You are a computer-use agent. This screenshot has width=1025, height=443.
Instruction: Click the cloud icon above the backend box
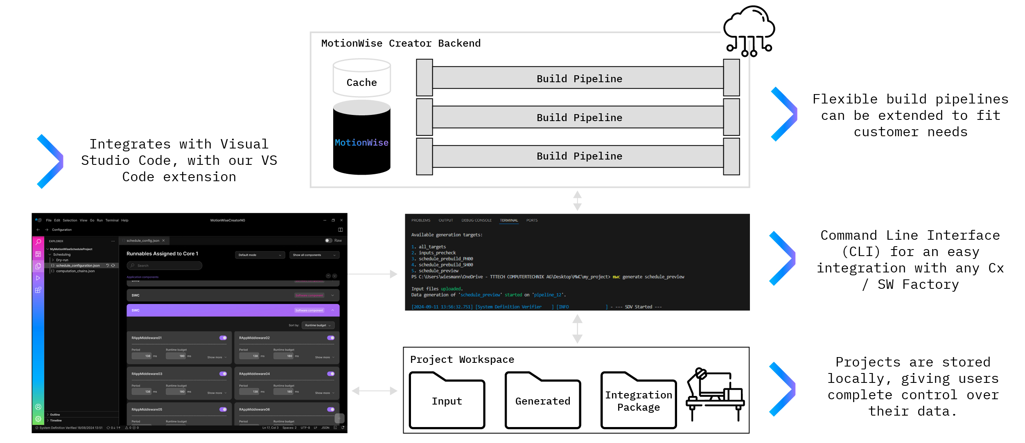(749, 31)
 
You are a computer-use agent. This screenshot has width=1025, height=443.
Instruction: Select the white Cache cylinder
(361, 78)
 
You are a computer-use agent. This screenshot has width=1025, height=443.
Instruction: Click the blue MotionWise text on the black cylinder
(361, 142)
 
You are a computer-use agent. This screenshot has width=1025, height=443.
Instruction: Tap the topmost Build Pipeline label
(579, 79)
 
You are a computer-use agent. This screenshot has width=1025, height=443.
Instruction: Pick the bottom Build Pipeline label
(579, 156)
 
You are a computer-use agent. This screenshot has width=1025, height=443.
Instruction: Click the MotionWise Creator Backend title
(400, 43)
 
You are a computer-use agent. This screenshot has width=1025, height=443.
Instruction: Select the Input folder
(447, 401)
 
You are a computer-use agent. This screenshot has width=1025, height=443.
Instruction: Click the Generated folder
(542, 401)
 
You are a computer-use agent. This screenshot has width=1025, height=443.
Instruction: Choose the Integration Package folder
(638, 401)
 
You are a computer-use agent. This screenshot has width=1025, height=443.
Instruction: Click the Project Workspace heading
(462, 359)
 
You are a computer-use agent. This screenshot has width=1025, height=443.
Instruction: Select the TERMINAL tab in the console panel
(508, 220)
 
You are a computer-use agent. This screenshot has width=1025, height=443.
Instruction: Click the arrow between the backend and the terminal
(577, 200)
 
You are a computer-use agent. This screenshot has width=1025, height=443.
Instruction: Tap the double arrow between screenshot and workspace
(375, 391)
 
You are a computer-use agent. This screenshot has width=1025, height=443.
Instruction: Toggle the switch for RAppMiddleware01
(223, 337)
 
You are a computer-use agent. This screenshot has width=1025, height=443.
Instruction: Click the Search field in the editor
(164, 265)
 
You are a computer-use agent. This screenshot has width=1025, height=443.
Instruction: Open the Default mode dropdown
(260, 255)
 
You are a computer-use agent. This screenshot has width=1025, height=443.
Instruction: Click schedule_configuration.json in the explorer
(77, 265)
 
